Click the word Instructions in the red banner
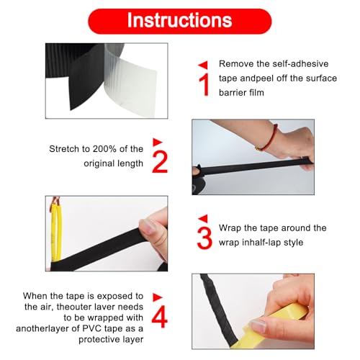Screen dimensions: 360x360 [x=179, y=21]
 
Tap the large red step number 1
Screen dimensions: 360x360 [x=204, y=85]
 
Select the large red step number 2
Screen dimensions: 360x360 [x=160, y=162]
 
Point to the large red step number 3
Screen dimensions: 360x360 [x=204, y=238]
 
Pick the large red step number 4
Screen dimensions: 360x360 [x=160, y=316]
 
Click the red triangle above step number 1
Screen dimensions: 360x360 [x=203, y=65]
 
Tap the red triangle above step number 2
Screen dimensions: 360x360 [x=158, y=142]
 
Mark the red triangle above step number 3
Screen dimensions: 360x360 [x=203, y=218]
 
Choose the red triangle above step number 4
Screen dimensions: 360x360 [x=158, y=297]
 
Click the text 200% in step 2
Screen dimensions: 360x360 [x=104, y=149]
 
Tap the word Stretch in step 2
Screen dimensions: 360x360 [x=65, y=149]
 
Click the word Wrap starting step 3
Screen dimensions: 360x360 [x=230, y=228]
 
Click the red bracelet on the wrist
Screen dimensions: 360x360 [x=269, y=138]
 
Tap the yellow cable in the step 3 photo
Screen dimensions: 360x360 [x=57, y=232]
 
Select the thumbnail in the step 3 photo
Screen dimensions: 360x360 [x=147, y=226]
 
